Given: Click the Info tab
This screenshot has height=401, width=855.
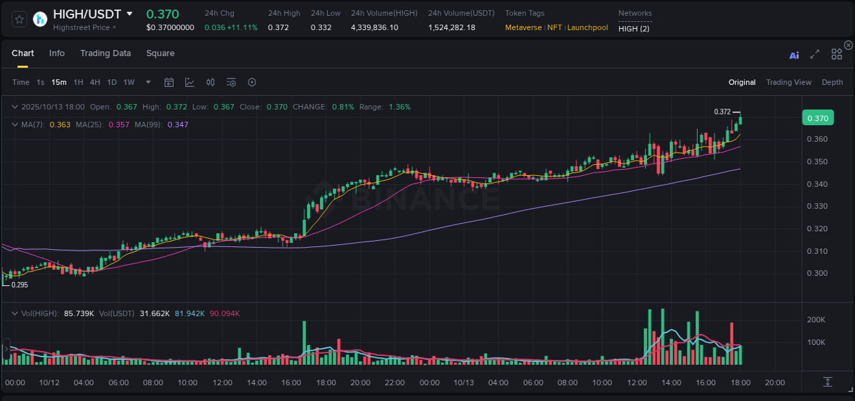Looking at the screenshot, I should click(x=57, y=53).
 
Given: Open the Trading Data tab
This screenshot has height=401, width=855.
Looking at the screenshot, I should click(x=105, y=53).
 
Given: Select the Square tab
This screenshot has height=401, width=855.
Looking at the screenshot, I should click(x=160, y=53).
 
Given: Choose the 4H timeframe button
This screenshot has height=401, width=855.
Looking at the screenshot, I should click(x=95, y=82).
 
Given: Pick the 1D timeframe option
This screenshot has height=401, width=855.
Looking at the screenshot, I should click(x=111, y=82).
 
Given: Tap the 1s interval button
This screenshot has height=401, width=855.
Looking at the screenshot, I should click(x=40, y=82).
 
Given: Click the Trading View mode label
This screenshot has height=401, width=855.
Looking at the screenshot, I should click(x=788, y=82).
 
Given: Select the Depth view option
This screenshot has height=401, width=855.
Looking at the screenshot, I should click(x=832, y=82).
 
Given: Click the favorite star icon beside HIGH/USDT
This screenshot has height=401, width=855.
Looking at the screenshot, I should click(x=20, y=19).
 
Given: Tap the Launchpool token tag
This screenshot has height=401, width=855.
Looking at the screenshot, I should click(x=588, y=27).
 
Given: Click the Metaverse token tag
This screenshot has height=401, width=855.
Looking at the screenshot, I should click(x=523, y=27).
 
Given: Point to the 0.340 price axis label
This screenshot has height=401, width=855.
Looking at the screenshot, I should click(x=817, y=184).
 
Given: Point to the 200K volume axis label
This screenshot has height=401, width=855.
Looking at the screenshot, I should click(x=817, y=320).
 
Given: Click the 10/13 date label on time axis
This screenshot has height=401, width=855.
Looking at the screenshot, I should click(x=464, y=383).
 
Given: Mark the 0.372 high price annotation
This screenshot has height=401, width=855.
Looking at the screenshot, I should click(x=722, y=112).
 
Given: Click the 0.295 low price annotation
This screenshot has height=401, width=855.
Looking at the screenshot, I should click(x=19, y=285).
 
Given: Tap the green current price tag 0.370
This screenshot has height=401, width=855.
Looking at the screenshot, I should click(x=818, y=118).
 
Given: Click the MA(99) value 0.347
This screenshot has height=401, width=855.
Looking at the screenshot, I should click(x=178, y=125).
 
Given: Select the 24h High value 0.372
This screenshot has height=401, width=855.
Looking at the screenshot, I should click(x=278, y=27).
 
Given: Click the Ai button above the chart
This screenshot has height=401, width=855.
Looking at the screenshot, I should click(x=794, y=55).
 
